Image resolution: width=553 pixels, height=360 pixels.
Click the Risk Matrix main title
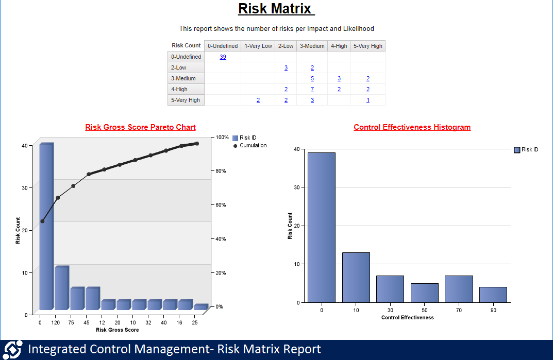[x=276, y=9]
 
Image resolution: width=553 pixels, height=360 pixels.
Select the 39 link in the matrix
[x=223, y=57]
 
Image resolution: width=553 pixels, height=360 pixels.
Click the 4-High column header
[x=339, y=46]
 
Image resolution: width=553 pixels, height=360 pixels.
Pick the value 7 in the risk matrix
[x=312, y=89]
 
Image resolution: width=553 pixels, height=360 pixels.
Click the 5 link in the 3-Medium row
[x=312, y=78]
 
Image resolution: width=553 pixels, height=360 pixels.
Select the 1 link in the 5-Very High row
[x=368, y=100]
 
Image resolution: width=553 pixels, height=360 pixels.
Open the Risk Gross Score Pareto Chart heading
[x=140, y=127]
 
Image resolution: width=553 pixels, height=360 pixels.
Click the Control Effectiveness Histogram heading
[x=412, y=127]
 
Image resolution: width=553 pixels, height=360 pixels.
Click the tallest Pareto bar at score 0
[x=46, y=227]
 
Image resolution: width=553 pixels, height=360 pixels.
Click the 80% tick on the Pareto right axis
[x=220, y=171]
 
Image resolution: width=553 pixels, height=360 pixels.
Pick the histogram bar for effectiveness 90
[x=493, y=295]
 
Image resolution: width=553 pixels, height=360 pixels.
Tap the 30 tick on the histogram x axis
[x=390, y=310]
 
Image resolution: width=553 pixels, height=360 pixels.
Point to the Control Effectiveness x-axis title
[x=408, y=318]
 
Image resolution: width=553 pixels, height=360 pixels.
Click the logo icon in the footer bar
[x=13, y=349]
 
